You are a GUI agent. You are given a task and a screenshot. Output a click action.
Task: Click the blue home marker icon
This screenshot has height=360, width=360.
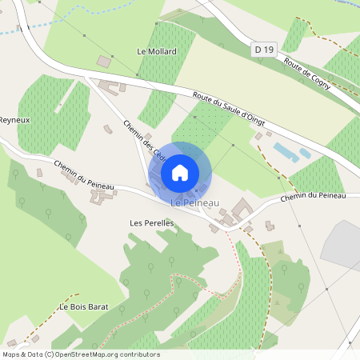(x=180, y=172)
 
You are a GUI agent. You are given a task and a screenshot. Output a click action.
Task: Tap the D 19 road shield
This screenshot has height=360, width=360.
(x=264, y=50)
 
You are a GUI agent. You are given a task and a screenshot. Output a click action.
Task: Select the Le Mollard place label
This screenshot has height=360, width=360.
(x=157, y=51)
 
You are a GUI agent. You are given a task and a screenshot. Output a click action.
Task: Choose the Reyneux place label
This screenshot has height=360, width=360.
(x=14, y=120)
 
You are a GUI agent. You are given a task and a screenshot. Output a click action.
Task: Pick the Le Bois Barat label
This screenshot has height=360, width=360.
(x=82, y=307)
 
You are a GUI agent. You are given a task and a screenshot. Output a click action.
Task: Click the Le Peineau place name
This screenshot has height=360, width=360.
(x=195, y=204)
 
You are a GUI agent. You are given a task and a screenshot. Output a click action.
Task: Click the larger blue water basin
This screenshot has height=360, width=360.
(x=283, y=151)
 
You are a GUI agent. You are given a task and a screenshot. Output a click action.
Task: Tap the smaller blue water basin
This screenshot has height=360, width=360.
(x=305, y=153)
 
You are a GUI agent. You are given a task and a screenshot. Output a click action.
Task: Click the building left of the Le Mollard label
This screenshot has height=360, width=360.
(x=103, y=61)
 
